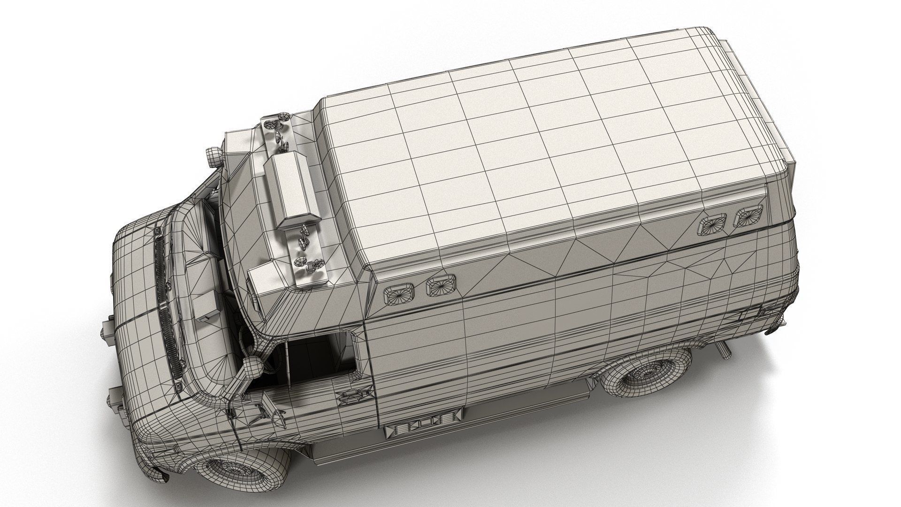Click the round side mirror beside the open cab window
tap(253, 368)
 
